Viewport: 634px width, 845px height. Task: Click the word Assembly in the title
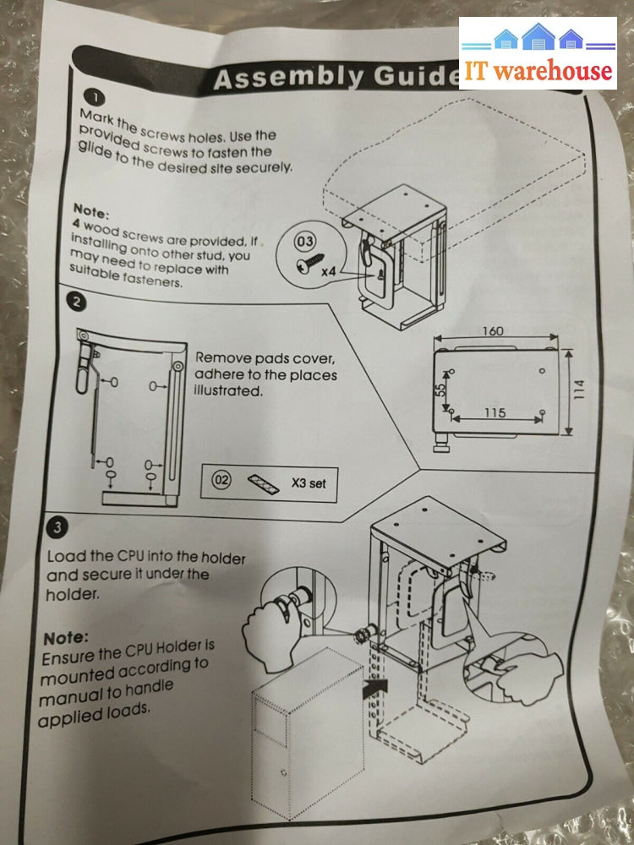point(276,79)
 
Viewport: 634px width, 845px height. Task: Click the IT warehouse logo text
point(538,70)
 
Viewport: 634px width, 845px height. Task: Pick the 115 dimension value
point(495,413)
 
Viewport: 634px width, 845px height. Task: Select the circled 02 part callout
point(222,482)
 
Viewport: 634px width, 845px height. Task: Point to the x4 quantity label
point(331,275)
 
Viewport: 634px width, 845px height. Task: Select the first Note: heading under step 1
point(91,208)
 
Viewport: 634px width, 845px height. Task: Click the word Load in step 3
point(64,557)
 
